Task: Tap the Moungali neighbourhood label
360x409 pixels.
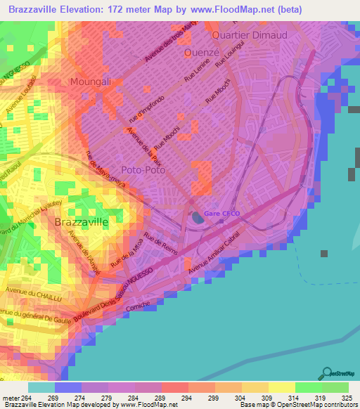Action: [x=91, y=82]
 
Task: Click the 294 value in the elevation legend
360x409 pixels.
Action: [x=174, y=398]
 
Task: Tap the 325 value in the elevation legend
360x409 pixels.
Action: [x=346, y=398]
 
